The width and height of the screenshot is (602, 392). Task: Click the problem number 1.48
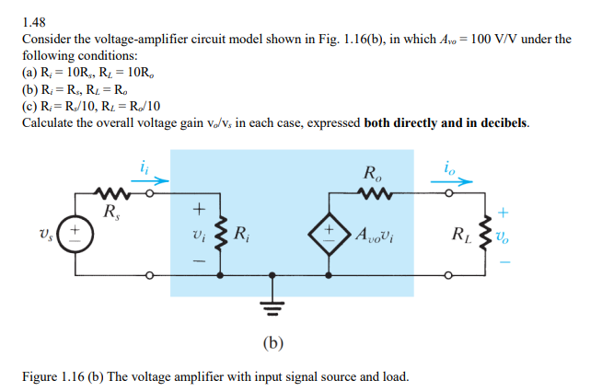pos(33,20)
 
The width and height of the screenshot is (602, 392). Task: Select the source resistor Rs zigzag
pos(113,194)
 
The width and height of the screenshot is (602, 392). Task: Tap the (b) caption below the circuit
pos(273,344)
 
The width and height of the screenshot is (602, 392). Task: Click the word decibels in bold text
pos(493,122)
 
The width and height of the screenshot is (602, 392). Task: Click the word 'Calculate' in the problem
pos(52,122)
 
